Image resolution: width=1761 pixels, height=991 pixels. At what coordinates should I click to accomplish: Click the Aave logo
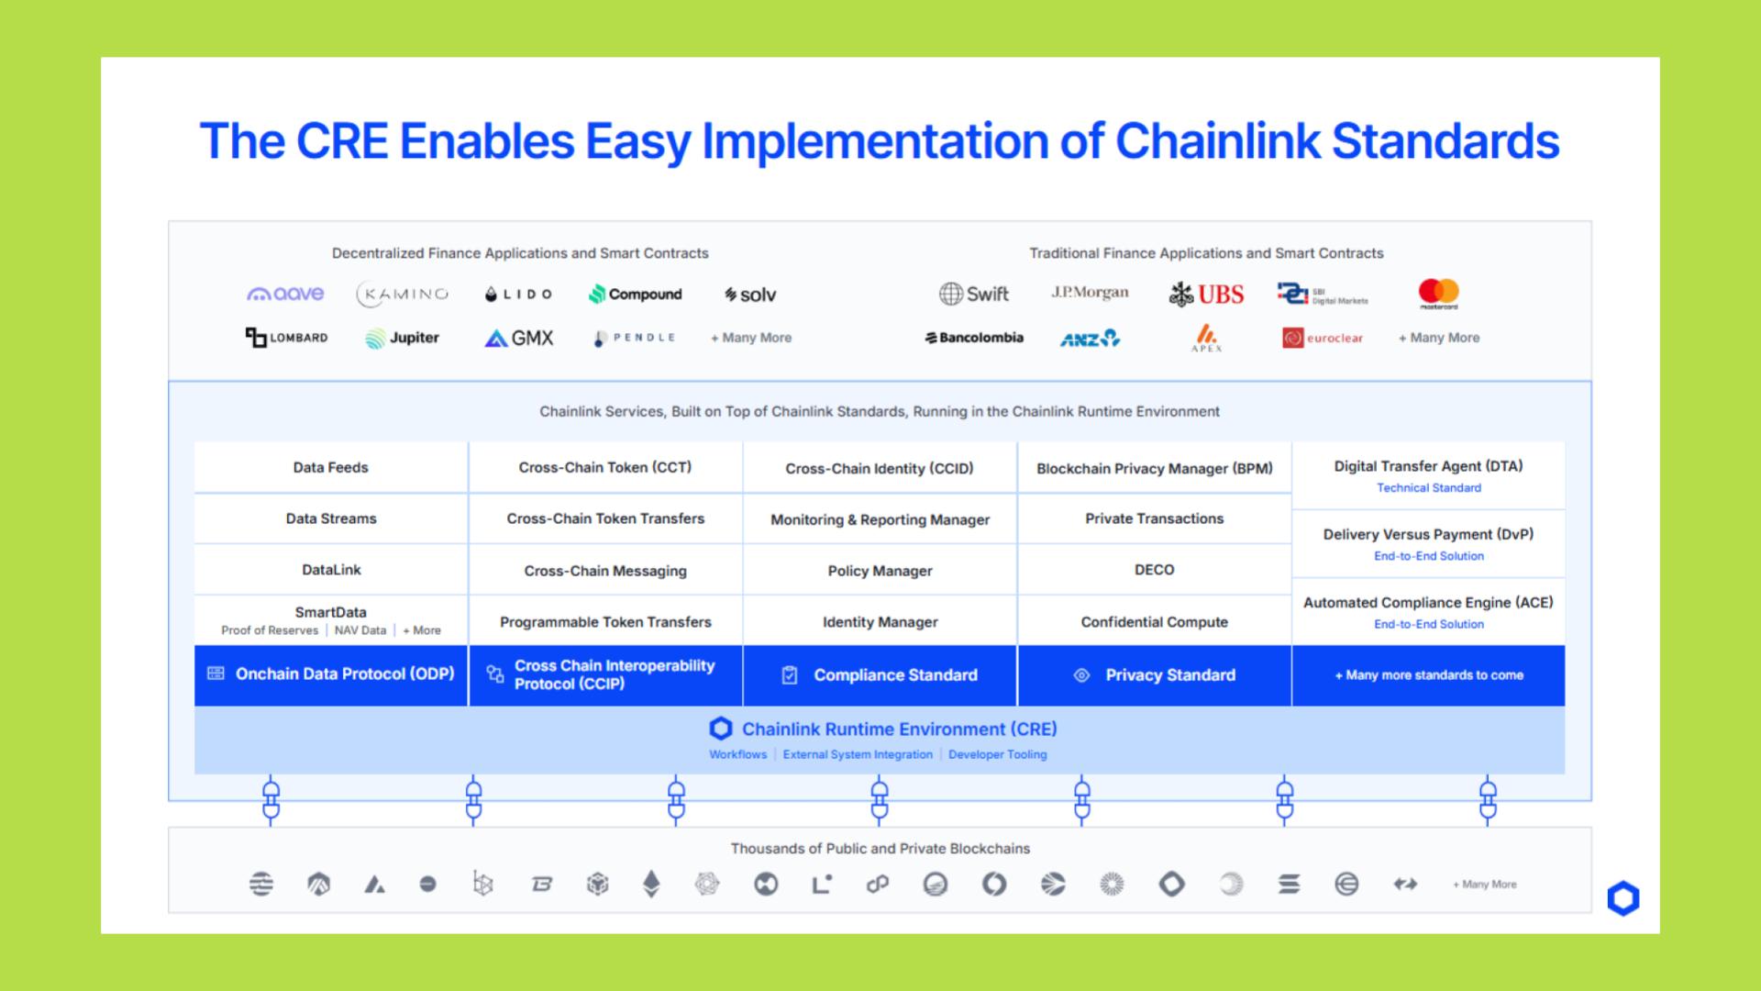285,294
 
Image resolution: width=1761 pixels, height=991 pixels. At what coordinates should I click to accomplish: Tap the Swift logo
973,294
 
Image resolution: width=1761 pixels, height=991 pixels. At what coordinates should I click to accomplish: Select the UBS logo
1206,295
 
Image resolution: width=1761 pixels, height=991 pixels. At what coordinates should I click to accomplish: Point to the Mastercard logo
1438,294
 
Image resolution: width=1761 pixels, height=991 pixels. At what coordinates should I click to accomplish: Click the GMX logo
519,338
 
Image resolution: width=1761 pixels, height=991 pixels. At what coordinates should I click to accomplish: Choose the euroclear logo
1323,338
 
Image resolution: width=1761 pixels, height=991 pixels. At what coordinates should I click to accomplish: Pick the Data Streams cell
331,518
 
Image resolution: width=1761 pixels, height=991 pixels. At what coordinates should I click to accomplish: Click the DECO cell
1154,570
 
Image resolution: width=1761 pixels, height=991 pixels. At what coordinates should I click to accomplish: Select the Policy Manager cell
880,571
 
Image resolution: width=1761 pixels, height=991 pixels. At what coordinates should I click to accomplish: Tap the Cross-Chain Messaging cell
605,571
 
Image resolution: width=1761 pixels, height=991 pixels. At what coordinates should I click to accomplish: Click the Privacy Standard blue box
1154,675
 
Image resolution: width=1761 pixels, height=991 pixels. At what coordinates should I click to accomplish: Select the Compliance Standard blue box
880,675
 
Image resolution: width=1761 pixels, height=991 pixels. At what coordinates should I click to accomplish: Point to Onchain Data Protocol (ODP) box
331,675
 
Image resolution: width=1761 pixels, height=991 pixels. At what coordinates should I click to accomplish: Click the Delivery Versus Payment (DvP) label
1428,534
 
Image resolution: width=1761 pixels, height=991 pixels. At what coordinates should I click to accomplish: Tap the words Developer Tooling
997,754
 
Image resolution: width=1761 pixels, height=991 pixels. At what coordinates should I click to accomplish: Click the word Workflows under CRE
737,754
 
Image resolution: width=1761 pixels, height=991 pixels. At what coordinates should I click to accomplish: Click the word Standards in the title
1445,141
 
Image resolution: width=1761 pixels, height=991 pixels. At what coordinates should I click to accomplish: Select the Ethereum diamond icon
651,884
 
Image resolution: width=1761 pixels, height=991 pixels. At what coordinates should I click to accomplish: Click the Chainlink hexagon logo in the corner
1623,898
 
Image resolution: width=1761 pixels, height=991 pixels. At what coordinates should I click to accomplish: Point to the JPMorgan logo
1090,293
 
